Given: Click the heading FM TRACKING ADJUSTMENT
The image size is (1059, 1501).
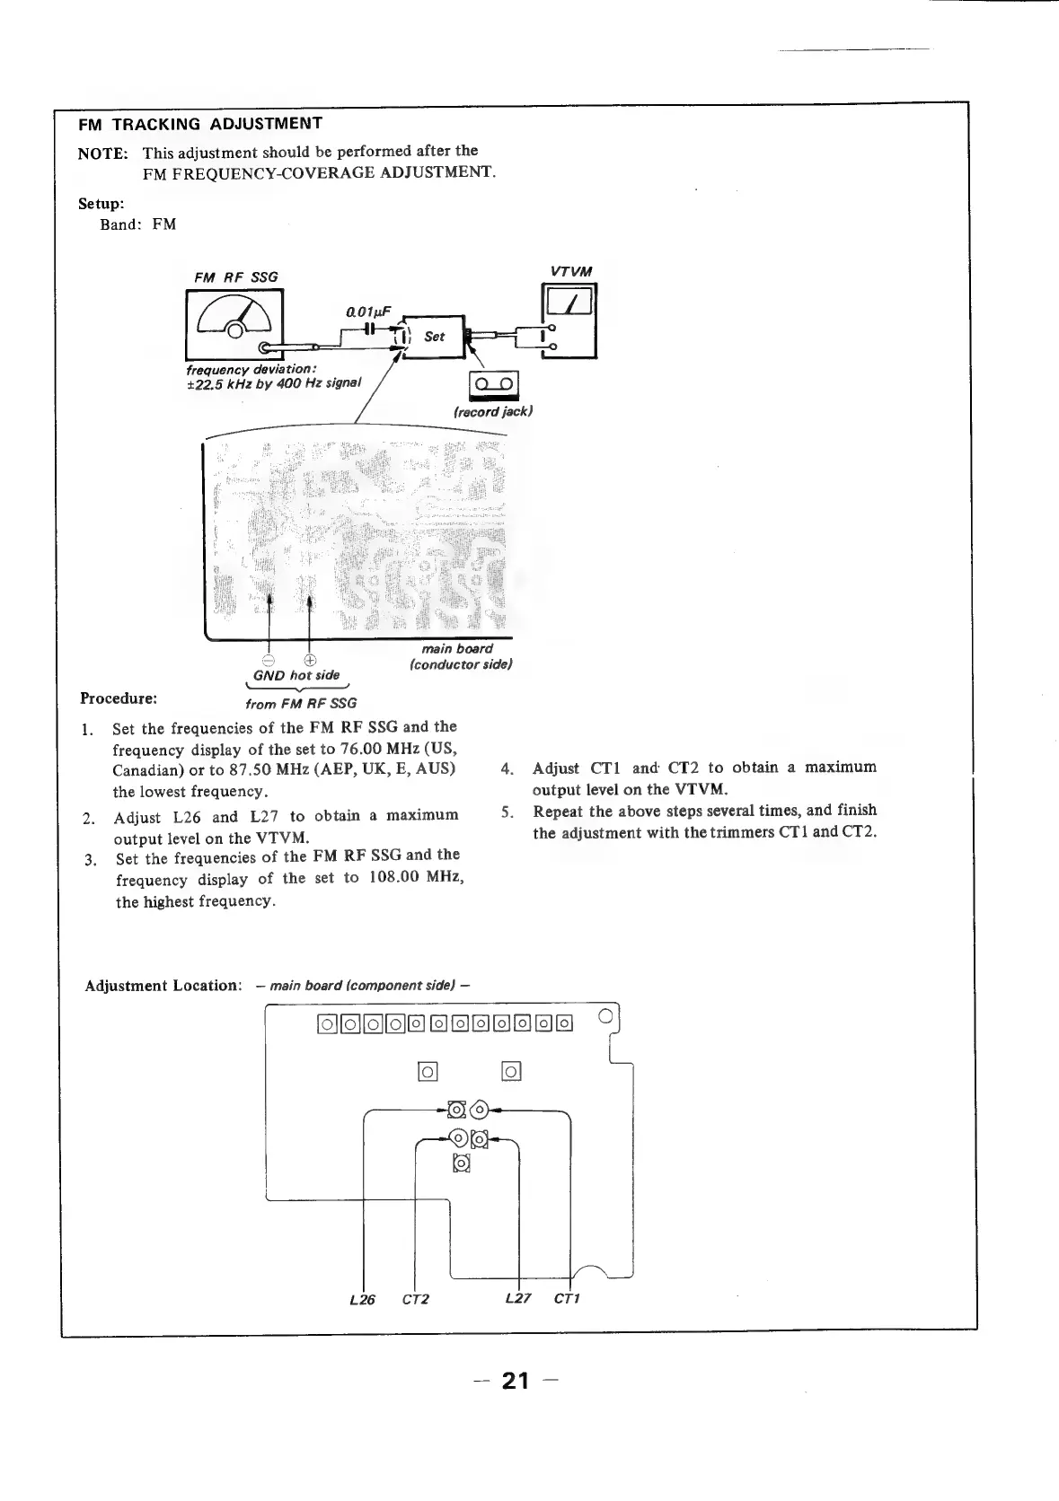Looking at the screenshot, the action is pos(199,124).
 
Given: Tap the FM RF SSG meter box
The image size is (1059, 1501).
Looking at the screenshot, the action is pos(234,323).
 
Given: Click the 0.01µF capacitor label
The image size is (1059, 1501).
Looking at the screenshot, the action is pos(368,312).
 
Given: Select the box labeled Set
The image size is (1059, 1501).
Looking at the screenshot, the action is pos(435,337).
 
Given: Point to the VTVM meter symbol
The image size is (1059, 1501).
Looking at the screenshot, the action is pos(569,320).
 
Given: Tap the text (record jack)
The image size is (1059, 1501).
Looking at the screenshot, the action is pos(493,411).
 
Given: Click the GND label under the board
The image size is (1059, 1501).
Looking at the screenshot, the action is pos(269,676).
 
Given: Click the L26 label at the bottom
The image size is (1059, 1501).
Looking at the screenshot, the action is pos(362,1299).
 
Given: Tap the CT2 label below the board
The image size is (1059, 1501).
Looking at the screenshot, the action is pos(415,1299).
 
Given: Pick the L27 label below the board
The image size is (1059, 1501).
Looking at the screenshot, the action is pos(518,1298).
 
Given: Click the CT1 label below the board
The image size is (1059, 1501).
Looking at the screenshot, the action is pos(567,1299).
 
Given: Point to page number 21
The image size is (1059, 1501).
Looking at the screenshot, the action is pos(516,1381).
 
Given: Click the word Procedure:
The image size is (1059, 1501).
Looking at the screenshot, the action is pos(119,698).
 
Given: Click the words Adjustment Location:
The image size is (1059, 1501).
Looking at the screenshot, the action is pos(163,986).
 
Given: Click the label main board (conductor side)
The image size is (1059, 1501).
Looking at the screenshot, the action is pos(460,656).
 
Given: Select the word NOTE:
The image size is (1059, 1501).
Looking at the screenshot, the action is pos(103,154).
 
